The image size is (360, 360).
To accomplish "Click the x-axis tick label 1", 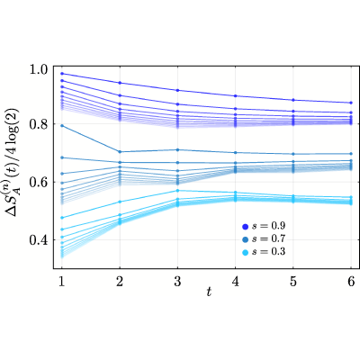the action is pyautogui.click(x=62, y=282).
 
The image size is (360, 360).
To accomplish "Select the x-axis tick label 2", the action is pyautogui.click(x=120, y=282).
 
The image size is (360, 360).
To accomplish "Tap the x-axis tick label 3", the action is pyautogui.click(x=177, y=282).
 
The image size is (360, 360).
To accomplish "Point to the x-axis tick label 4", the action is pyautogui.click(x=235, y=282).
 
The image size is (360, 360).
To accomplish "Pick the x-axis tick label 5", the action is pyautogui.click(x=293, y=282).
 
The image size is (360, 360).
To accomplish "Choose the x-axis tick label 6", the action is pyautogui.click(x=351, y=282).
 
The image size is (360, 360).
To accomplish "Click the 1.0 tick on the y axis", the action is pyautogui.click(x=39, y=69).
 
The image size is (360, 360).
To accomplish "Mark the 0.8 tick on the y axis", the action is pyautogui.click(x=39, y=124).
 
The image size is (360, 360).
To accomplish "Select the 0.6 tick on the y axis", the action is pyautogui.click(x=39, y=182).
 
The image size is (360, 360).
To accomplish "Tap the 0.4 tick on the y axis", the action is pyautogui.click(x=39, y=240).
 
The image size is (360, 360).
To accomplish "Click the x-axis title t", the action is pyautogui.click(x=209, y=292).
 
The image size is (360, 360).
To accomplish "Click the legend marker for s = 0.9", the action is pyautogui.click(x=246, y=227).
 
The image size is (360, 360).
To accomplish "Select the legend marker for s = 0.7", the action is pyautogui.click(x=246, y=239).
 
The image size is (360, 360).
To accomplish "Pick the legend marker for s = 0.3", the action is pyautogui.click(x=246, y=253).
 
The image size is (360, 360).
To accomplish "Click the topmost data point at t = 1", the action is pyautogui.click(x=62, y=74).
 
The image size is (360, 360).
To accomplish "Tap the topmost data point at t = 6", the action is pyautogui.click(x=351, y=103).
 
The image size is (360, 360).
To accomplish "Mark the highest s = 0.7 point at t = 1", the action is pyautogui.click(x=62, y=126).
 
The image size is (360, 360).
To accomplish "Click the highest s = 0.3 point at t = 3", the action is pyautogui.click(x=177, y=191).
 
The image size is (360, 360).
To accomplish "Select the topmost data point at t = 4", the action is pyautogui.click(x=235, y=95).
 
